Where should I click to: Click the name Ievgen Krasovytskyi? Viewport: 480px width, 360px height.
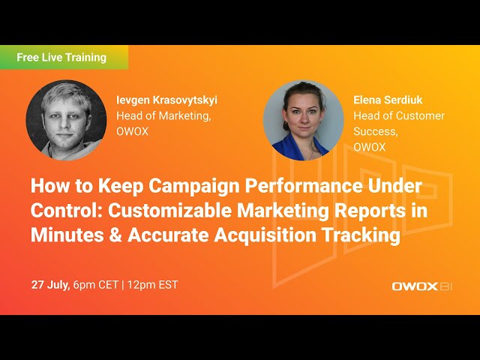[166, 100]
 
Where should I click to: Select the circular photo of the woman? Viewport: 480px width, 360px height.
[303, 120]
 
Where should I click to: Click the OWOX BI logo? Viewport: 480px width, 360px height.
[422, 286]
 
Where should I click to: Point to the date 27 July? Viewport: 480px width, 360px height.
[50, 285]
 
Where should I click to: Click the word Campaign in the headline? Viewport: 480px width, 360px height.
[163, 187]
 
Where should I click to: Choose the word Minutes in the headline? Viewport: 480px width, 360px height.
[67, 235]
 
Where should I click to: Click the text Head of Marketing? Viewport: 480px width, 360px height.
[163, 115]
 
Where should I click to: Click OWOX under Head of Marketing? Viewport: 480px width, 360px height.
[133, 131]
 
